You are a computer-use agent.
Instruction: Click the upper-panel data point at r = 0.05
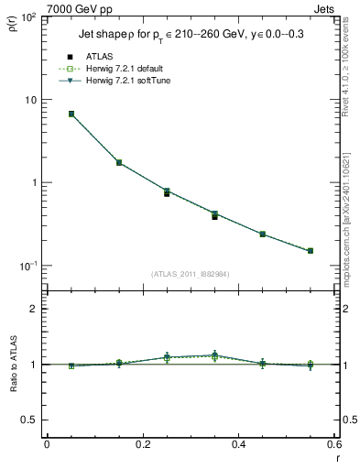click(71, 114)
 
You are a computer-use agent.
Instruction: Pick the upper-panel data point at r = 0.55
click(311, 250)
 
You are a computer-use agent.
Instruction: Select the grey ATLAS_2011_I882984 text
click(190, 274)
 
